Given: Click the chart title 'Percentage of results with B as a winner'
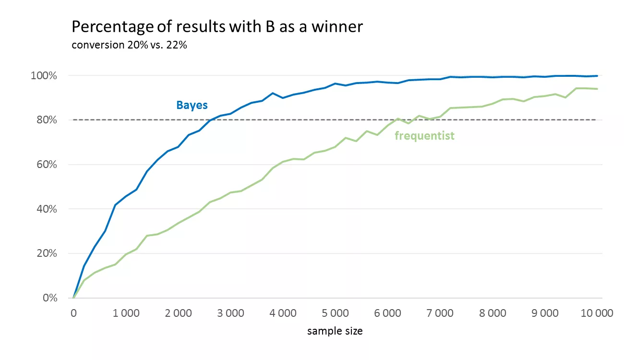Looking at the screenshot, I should pos(217,27).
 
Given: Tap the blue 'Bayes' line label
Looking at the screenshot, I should pos(192,105).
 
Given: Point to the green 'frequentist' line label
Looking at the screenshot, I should pos(424,136).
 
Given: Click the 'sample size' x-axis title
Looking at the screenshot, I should pos(335,331).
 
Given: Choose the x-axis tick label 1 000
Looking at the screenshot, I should pos(126,313).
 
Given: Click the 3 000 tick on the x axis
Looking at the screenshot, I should pos(230,313).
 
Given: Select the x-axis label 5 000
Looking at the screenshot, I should pos(335,313).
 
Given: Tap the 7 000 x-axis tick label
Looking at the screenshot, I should pos(440,313).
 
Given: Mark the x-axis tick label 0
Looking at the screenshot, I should pos(73,313).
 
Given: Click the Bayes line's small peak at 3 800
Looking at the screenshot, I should pos(273,93).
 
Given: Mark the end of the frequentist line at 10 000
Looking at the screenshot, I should pos(597,89).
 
